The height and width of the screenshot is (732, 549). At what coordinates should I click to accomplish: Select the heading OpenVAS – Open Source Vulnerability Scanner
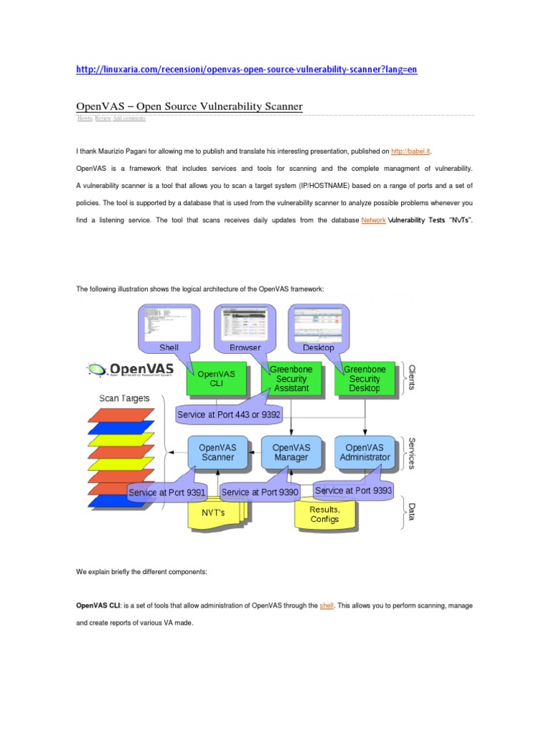point(189,107)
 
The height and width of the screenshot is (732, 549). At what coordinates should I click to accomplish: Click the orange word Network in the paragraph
point(373,221)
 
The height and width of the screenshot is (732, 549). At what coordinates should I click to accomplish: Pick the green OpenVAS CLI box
point(216,378)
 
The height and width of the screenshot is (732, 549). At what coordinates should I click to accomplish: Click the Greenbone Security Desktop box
point(365,378)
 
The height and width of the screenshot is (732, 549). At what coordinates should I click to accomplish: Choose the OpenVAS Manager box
point(291,452)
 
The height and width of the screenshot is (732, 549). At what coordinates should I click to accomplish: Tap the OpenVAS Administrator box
point(365,452)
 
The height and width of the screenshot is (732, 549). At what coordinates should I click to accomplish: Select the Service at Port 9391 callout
point(167,492)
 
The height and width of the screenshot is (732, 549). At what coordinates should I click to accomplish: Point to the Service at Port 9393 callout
point(353,491)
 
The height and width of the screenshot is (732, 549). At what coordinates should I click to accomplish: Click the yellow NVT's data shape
point(214,514)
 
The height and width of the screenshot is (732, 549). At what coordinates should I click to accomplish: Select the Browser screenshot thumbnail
point(244,322)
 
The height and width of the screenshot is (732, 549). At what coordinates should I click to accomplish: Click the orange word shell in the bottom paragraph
point(327,605)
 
